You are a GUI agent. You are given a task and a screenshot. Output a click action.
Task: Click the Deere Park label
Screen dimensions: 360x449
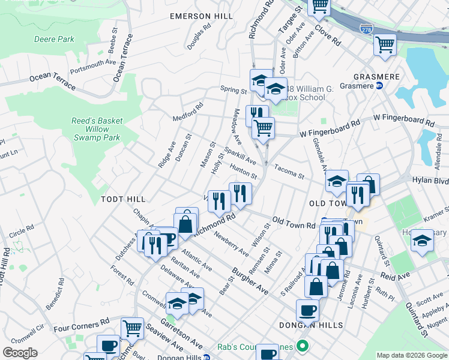point(54,39)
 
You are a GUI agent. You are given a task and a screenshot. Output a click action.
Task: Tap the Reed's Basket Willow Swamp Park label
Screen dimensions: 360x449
point(95,129)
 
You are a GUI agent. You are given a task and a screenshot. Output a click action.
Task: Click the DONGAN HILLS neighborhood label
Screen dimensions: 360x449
point(311,325)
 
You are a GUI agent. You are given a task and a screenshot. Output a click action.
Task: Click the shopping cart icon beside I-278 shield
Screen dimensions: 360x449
point(384,44)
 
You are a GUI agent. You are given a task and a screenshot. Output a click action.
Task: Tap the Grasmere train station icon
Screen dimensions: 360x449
point(379,86)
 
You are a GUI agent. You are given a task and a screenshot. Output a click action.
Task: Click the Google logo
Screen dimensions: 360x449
point(20,353)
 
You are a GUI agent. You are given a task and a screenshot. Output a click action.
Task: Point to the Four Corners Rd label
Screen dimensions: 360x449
point(81,328)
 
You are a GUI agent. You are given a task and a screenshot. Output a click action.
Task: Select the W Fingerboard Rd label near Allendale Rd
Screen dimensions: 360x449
point(403,121)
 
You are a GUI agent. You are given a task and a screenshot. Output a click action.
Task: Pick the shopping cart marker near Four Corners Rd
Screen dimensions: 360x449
point(132,328)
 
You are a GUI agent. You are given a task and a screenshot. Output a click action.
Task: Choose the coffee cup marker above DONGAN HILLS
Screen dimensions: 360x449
point(308,310)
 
